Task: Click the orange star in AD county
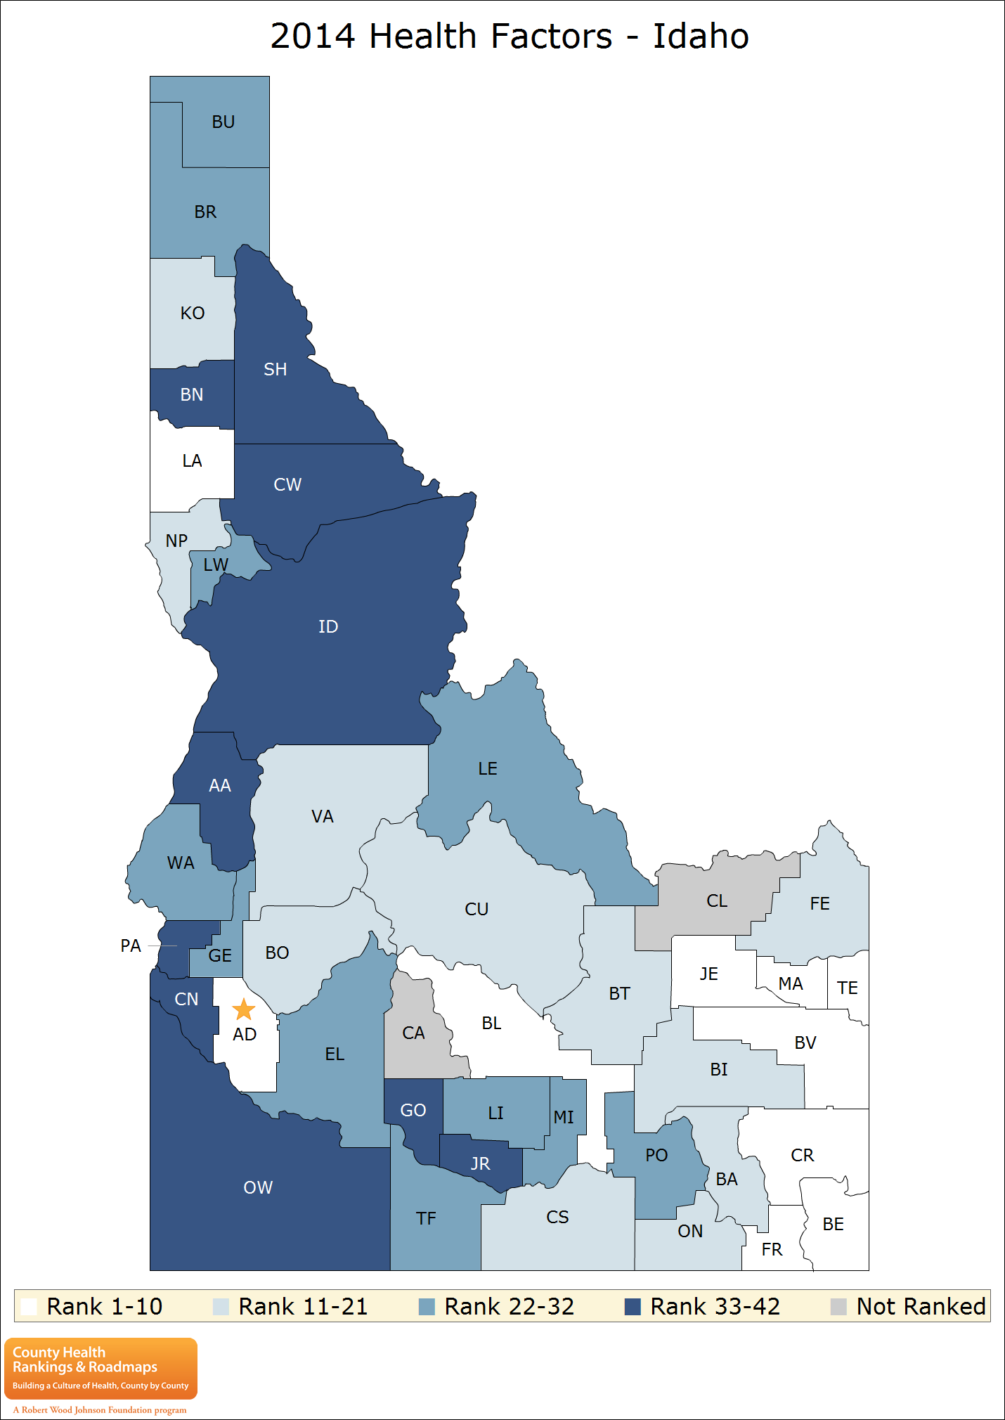pos(243,1009)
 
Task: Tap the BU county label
pos(223,122)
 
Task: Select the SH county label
pos(275,369)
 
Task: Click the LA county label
pos(192,460)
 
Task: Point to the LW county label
pos(215,564)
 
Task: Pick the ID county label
pos(328,626)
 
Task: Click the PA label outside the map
pos(131,945)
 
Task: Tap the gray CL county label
pos(717,901)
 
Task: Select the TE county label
pos(848,988)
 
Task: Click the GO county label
pos(413,1110)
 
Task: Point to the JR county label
pos(481,1163)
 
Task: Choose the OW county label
pos(258,1187)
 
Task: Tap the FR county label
pos(772,1249)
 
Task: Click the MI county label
pos(564,1117)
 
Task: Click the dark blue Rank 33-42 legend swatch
pos(633,1307)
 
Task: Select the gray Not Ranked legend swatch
pos(838,1307)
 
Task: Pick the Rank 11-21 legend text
pos(303,1306)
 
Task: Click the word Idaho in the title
pos(701,36)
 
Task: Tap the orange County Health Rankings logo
pos(100,1368)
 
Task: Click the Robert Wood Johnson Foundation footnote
pos(100,1409)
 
